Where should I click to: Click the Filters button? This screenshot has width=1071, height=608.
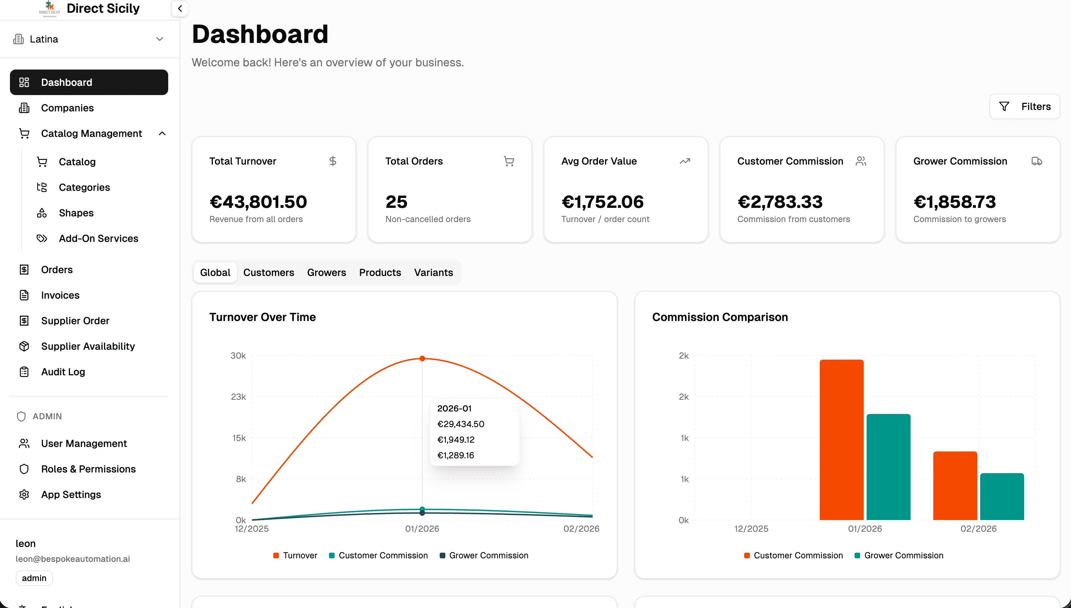pos(1024,106)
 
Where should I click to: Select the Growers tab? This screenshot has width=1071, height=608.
pos(326,272)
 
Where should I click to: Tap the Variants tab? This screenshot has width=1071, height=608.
pos(433,272)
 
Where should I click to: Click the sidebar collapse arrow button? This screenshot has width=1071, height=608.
pos(180,9)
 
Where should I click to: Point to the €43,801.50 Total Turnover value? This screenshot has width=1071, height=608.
pos(258,202)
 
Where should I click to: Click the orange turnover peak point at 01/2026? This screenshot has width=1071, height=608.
pos(422,358)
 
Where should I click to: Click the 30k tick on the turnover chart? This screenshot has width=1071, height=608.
pos(238,355)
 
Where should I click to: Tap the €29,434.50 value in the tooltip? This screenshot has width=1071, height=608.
pos(460,424)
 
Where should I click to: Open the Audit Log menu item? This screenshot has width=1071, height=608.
pos(63,372)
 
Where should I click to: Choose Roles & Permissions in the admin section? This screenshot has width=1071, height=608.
pos(88,469)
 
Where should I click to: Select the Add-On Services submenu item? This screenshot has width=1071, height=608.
pos(98,238)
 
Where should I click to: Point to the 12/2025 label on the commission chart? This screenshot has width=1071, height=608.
pos(751,529)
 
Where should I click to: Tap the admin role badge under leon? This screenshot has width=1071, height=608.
pos(34,578)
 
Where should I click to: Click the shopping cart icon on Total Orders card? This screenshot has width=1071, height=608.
pos(509,161)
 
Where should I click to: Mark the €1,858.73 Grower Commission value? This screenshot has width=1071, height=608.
pos(955,202)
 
